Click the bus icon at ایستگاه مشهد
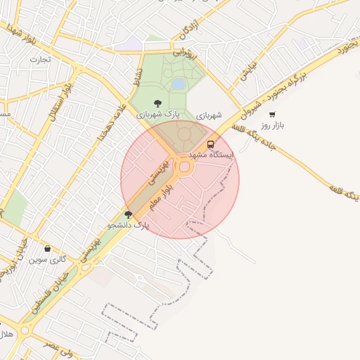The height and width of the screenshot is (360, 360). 211,144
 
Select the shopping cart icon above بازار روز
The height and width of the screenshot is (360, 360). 272,114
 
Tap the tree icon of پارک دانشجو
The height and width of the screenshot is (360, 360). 128,214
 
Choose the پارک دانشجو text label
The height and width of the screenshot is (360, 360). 129,226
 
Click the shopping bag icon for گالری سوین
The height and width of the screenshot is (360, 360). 47,248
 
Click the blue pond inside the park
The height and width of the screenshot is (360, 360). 179,84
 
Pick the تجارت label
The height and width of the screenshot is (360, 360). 39,60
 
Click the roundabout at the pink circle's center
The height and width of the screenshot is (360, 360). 186,167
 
